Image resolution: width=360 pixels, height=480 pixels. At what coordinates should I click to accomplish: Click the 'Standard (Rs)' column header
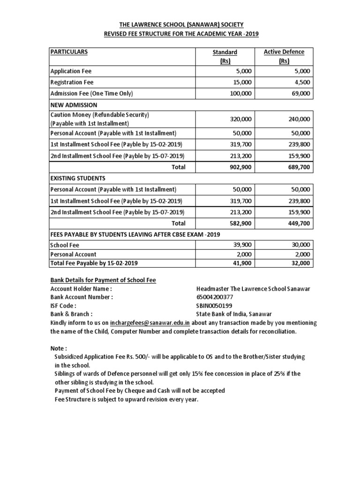click(225, 56)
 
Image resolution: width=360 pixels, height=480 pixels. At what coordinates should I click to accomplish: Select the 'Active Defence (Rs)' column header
click(284, 56)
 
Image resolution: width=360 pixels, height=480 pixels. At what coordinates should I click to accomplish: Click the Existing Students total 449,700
click(299, 223)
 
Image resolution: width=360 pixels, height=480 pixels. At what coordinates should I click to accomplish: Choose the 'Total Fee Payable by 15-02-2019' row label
click(94, 263)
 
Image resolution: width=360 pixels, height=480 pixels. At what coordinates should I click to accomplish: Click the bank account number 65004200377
click(214, 297)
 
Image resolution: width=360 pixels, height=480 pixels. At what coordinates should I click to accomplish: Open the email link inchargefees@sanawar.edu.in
click(150, 322)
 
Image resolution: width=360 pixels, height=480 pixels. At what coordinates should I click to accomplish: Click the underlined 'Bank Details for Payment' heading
click(103, 280)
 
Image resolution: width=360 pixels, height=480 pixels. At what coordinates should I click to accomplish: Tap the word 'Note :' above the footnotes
click(59, 348)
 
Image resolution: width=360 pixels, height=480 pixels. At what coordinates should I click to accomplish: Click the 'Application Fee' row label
click(71, 71)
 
